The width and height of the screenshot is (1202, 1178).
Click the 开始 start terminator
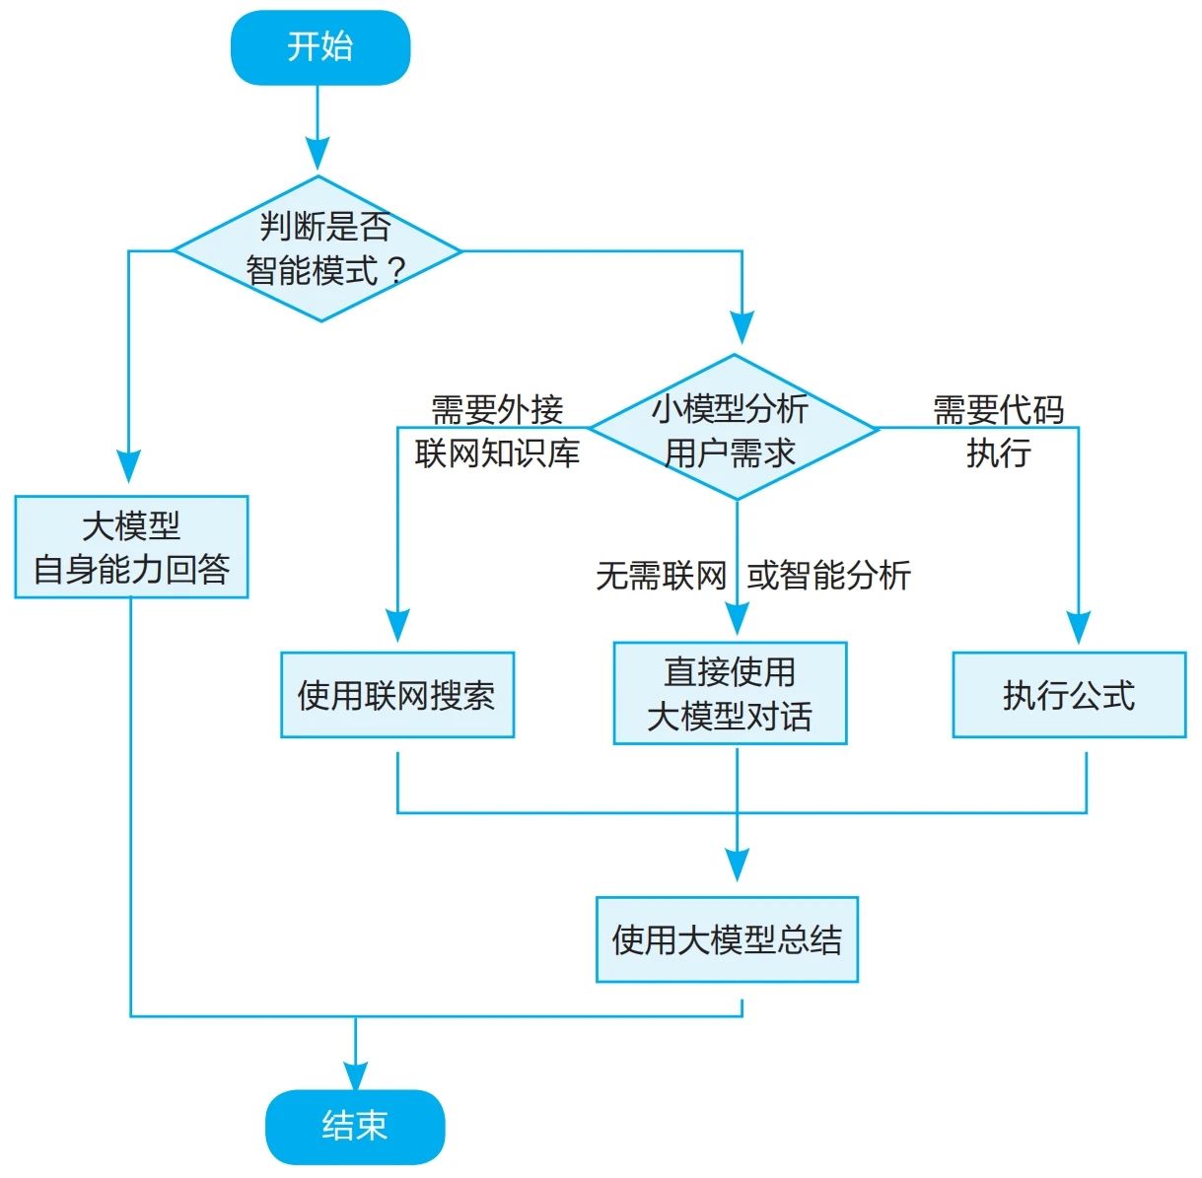[x=319, y=47]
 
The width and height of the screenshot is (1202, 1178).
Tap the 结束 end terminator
[x=354, y=1125]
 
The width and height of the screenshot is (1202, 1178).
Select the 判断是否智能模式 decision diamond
[x=318, y=249]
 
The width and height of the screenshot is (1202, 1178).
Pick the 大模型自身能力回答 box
[x=131, y=547]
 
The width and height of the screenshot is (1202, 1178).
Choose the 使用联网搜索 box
[x=397, y=695]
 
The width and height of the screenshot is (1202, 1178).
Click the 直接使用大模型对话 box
[x=730, y=693]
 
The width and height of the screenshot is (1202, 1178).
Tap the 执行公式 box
[x=1069, y=695]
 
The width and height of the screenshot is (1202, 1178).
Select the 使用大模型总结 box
[x=727, y=939]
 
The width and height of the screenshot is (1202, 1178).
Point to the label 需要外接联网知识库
[x=497, y=431]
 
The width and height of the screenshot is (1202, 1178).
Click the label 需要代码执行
[x=998, y=431]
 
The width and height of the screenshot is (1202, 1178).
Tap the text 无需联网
[x=661, y=576]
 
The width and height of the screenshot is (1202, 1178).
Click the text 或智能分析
[x=828, y=576]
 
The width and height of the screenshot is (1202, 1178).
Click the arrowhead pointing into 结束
[x=355, y=1074]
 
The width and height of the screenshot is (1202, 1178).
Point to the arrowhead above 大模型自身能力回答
[x=129, y=466]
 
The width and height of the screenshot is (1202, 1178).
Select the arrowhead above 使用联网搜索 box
[x=397, y=625]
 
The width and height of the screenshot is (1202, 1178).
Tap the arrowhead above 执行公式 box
[x=1079, y=627]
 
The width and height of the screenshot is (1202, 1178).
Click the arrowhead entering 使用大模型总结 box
[x=737, y=865]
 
